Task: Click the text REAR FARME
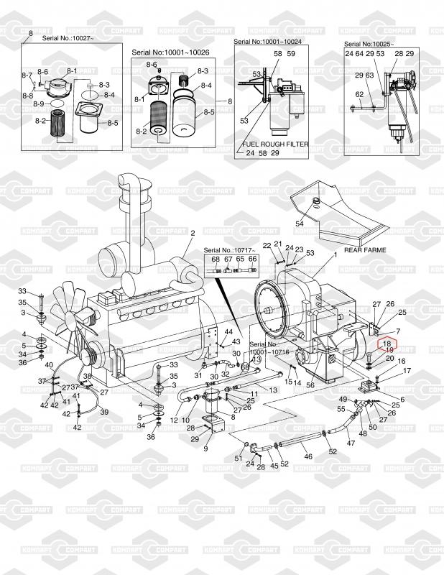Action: (365, 250)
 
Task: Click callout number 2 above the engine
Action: (193, 233)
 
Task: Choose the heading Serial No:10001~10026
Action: (170, 52)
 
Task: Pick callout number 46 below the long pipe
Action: (307, 456)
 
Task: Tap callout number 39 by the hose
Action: (104, 412)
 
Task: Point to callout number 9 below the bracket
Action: (205, 448)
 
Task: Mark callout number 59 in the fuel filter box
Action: (291, 54)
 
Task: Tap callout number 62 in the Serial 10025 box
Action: (359, 94)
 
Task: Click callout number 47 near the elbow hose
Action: (351, 443)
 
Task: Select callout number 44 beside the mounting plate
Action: (228, 331)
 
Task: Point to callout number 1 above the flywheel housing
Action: (335, 255)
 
